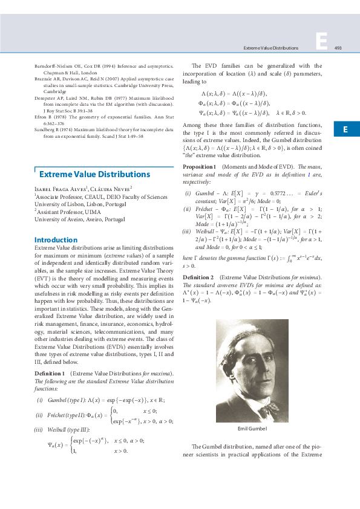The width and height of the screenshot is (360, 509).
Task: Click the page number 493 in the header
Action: point(338,48)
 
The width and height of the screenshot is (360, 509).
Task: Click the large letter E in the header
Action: point(321,41)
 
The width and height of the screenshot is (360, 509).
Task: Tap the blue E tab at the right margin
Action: point(343,129)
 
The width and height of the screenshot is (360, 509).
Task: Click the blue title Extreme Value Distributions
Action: point(94,175)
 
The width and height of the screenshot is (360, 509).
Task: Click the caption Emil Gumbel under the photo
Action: point(252,429)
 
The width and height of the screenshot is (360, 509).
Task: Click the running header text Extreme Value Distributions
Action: point(270,48)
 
